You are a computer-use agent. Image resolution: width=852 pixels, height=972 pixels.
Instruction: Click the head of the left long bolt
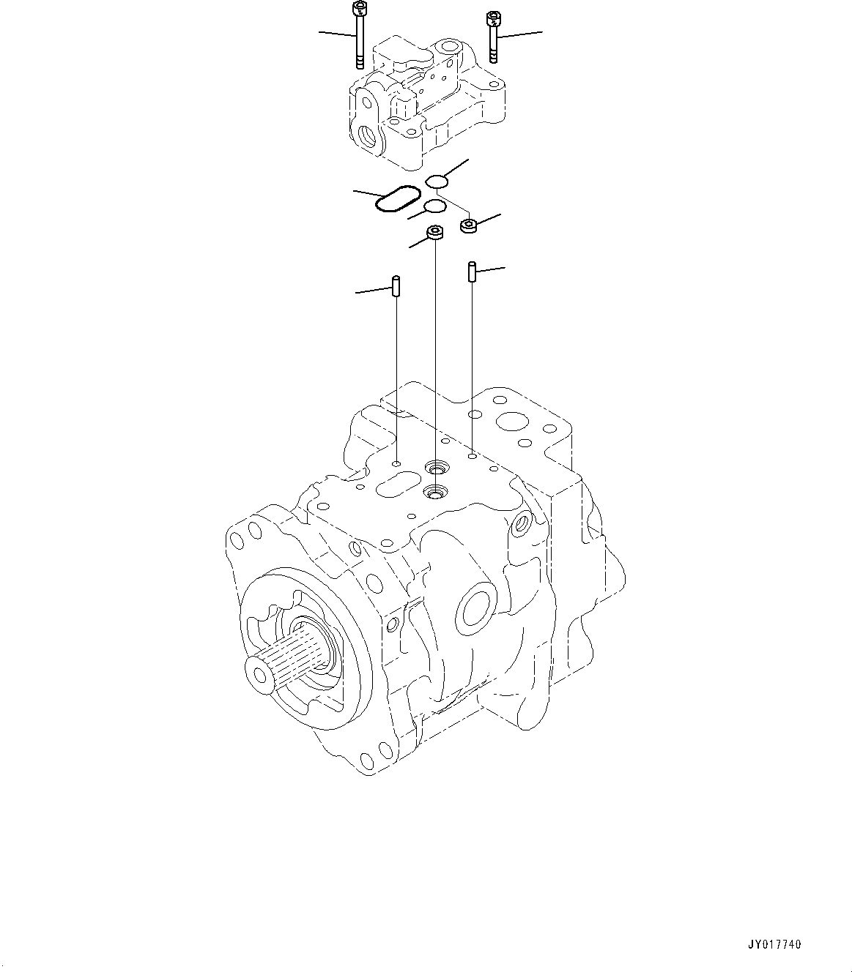coord(358,9)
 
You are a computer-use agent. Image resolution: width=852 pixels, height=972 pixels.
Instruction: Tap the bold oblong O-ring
coord(398,198)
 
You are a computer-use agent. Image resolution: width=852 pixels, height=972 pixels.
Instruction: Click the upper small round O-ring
coord(437,181)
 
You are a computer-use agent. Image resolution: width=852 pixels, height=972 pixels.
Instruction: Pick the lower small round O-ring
coord(434,206)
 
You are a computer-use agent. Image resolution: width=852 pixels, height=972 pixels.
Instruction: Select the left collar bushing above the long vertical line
coord(436,233)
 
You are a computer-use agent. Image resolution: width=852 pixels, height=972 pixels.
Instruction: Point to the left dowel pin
coord(396,285)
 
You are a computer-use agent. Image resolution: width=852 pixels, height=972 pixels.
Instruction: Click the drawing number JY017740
coord(776,945)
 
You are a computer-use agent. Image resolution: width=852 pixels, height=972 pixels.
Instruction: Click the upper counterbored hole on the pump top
coord(437,466)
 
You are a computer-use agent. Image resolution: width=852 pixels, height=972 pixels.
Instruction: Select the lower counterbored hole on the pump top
coord(435,493)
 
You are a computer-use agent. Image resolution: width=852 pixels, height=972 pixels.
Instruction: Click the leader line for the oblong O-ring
coord(365,193)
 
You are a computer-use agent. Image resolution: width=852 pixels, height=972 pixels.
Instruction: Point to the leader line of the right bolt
coord(522,34)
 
